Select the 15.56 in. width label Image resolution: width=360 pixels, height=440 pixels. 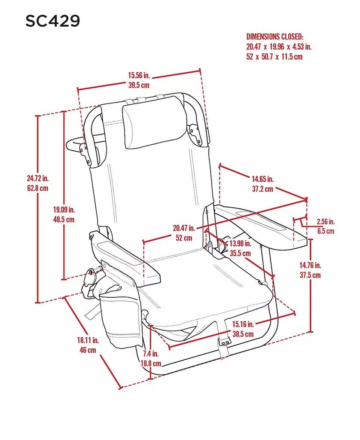coord(138,76)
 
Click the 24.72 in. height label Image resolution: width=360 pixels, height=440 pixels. coord(37,178)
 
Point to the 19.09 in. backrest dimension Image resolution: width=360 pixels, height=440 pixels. coord(64,210)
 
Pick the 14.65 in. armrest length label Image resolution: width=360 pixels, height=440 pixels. coord(262,179)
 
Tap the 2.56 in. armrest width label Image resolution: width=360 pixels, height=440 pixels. coord(325,222)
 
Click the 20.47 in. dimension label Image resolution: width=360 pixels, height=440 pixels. coord(184,228)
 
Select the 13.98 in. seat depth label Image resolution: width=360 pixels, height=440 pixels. coord(240,244)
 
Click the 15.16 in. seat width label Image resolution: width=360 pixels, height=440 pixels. coord(243,324)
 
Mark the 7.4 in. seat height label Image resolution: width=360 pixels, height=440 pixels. coord(151,354)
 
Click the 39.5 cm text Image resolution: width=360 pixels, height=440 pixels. coord(138,85)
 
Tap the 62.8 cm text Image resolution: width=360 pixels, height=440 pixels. coord(37,188)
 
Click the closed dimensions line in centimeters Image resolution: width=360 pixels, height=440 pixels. coord(274,56)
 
